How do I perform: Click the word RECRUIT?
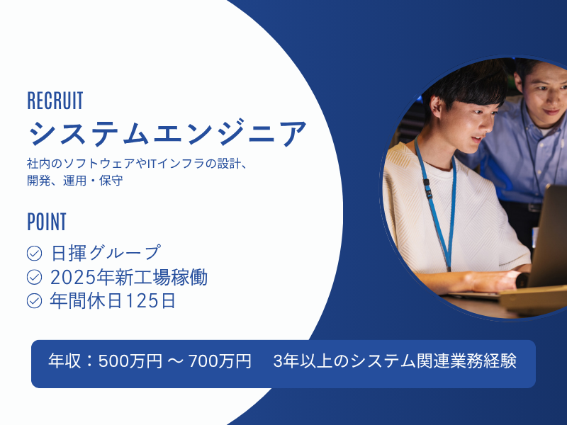pyautogui.click(x=55, y=101)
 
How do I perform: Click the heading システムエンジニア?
pyautogui.click(x=167, y=133)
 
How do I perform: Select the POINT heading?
pyautogui.click(x=47, y=222)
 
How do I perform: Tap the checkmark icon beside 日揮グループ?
pyautogui.click(x=34, y=254)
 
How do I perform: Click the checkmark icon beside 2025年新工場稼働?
pyautogui.click(x=34, y=277)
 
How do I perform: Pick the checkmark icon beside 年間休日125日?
pyautogui.click(x=34, y=300)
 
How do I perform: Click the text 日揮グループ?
pyautogui.click(x=106, y=253)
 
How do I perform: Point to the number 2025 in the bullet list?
pyautogui.click(x=73, y=278)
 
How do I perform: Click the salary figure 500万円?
pyautogui.click(x=130, y=361)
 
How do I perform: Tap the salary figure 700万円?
pyautogui.click(x=220, y=361)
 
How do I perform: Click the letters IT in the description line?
pyautogui.click(x=152, y=164)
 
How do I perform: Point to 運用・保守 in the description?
pyautogui.click(x=93, y=181)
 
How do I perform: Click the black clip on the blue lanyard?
pyautogui.click(x=427, y=188)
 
